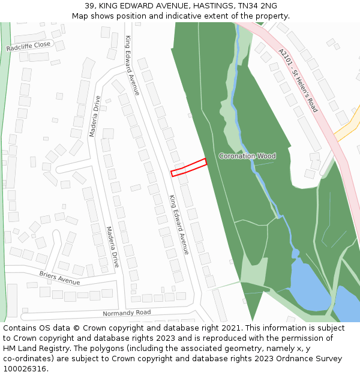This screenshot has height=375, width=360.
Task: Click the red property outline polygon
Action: (188, 167)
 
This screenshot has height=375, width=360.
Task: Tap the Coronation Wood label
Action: (247, 156)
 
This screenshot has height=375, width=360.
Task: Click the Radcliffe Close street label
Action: (28, 46)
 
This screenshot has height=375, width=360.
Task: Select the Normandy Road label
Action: (127, 313)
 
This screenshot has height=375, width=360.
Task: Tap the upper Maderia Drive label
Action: (94, 116)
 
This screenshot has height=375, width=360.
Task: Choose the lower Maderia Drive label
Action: (112, 247)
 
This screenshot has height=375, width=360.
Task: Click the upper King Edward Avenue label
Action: (132, 65)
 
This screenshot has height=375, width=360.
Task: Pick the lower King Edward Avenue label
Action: (179, 224)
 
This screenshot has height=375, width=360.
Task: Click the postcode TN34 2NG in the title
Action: (257, 6)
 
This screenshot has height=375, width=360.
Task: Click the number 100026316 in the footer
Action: (25, 369)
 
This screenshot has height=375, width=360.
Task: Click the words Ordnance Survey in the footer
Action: (310, 359)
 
